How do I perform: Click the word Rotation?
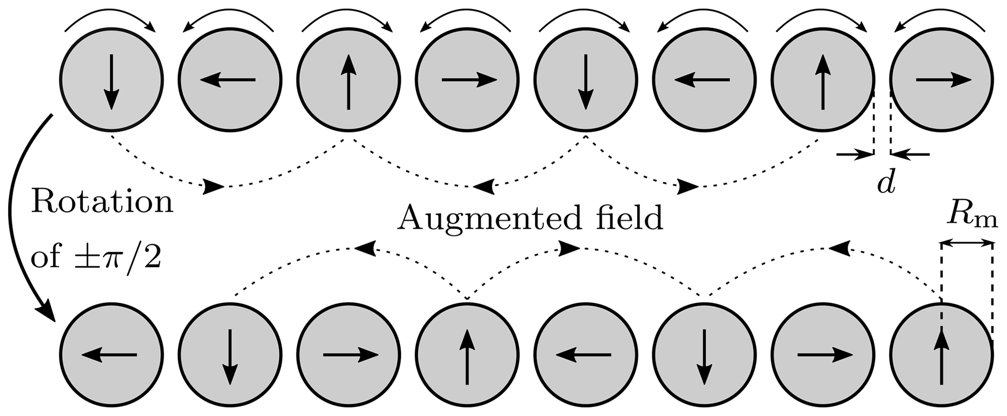102,203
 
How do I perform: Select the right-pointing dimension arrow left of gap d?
855,155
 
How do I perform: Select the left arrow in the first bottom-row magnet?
109,355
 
